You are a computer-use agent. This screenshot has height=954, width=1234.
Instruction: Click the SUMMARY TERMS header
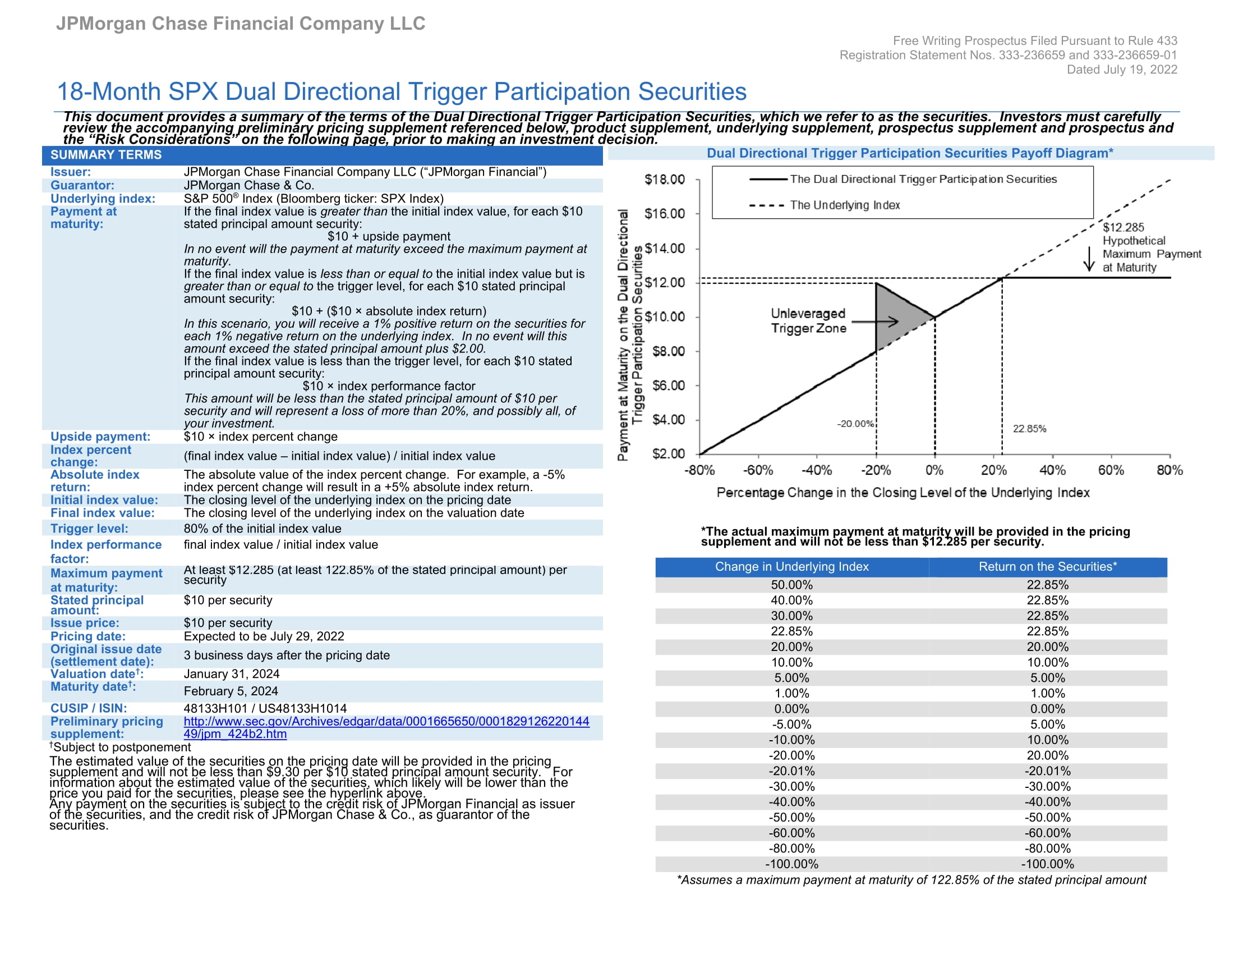tap(105, 155)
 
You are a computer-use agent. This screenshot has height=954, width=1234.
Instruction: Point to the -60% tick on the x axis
tap(757, 470)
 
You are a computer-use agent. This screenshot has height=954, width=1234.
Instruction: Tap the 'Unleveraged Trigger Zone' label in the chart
tap(808, 321)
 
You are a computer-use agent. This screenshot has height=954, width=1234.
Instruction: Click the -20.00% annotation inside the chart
tap(855, 424)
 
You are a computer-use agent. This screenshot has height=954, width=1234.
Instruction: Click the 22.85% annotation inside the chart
tap(1029, 429)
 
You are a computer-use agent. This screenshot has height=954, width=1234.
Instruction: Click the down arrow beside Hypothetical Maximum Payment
tap(1089, 259)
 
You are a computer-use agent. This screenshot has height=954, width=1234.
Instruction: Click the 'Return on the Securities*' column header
tap(1047, 567)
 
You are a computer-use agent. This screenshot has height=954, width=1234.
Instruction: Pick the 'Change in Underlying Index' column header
tap(791, 567)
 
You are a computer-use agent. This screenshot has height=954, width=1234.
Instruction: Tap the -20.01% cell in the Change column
tap(791, 771)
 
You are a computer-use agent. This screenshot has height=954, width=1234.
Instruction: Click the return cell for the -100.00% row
tap(1047, 864)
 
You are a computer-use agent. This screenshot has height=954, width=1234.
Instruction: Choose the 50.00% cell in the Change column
tap(791, 585)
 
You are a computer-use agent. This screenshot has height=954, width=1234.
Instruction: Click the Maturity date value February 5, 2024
tap(231, 691)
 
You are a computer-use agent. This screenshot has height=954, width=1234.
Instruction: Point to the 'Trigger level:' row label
tap(89, 529)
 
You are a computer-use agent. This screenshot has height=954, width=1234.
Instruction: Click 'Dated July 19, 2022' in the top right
tap(1121, 70)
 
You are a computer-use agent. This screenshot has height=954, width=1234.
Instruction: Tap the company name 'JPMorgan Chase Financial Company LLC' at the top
tap(240, 24)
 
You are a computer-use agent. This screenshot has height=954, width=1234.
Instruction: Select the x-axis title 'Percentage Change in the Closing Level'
tap(903, 493)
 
